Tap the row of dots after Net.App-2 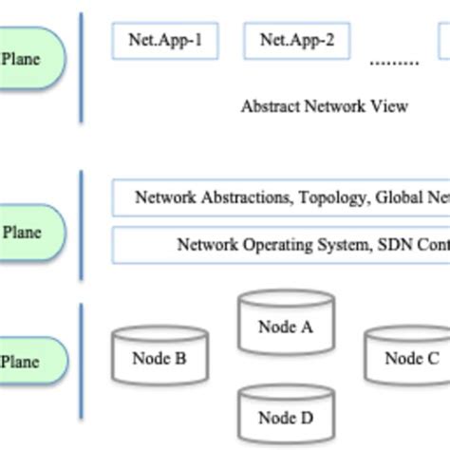pyautogui.click(x=393, y=63)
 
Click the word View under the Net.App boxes pyautogui.click(x=389, y=105)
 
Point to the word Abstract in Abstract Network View pyautogui.click(x=271, y=105)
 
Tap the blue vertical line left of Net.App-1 pyautogui.click(x=81, y=66)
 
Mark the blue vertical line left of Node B pyautogui.click(x=81, y=360)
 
